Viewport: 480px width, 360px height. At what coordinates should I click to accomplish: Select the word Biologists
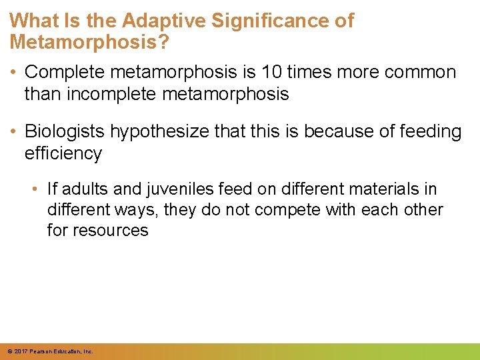tap(65, 132)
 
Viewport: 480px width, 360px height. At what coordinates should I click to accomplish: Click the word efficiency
tap(63, 154)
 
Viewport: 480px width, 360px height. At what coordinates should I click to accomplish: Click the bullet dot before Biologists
tap(14, 132)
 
